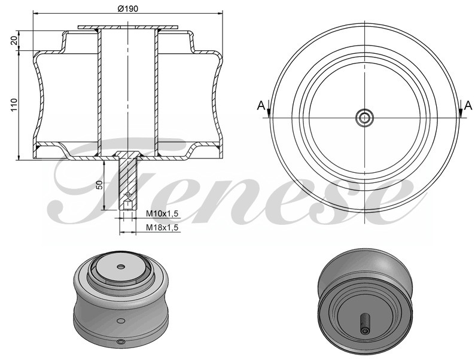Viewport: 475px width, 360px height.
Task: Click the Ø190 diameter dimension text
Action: pos(127,9)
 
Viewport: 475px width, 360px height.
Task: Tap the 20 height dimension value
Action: pos(14,40)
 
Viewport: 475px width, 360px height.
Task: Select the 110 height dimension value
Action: pos(14,105)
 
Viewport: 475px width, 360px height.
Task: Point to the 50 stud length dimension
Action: pos(99,184)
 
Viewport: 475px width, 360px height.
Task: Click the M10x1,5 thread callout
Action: pos(162,213)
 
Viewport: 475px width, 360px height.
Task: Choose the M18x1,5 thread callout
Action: pos(162,227)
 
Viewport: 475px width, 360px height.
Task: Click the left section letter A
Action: pos(261,106)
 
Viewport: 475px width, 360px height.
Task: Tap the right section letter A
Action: pos(468,106)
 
